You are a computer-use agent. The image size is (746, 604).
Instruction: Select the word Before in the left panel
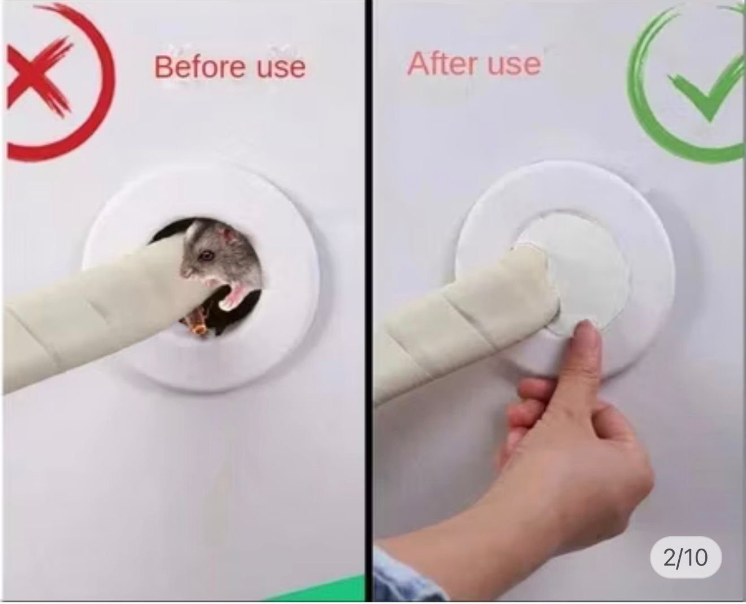pos(199,67)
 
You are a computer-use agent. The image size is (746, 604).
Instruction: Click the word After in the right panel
pos(443,64)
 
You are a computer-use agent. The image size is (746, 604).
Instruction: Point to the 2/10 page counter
pos(686,558)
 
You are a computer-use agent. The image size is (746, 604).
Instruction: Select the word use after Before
pos(281,68)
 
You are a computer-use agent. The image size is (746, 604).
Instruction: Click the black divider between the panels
pos(368,301)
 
